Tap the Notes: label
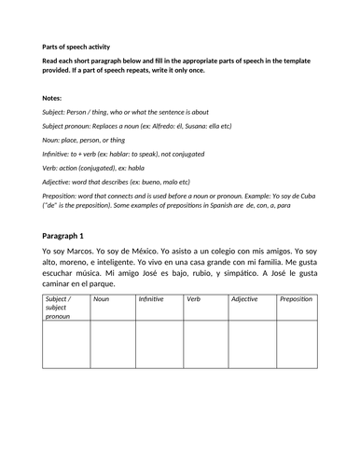coord(54,97)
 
